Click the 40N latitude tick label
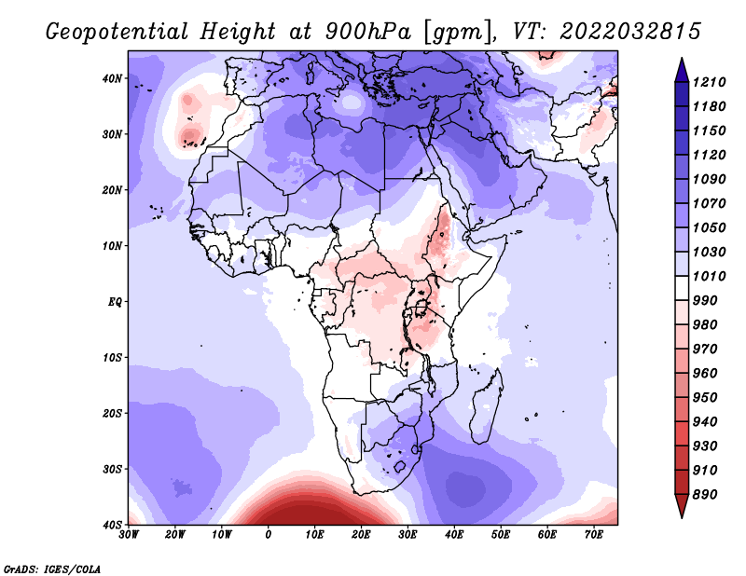(x=112, y=78)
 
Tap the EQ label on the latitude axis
(x=115, y=302)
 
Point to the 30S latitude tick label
(x=112, y=469)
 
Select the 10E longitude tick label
(x=314, y=535)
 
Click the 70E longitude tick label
(x=594, y=535)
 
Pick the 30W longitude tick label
(x=129, y=535)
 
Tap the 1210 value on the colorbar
(x=709, y=82)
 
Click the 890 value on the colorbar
(x=705, y=495)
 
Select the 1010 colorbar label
(x=709, y=276)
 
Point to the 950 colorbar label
(x=705, y=398)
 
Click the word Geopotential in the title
(x=117, y=33)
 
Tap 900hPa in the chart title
(x=368, y=32)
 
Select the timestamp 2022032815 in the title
(x=630, y=32)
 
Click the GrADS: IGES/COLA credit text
(x=52, y=569)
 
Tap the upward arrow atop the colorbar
(x=682, y=70)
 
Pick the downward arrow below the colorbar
(x=682, y=506)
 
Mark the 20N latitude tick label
(x=112, y=190)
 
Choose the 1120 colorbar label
(x=709, y=155)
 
